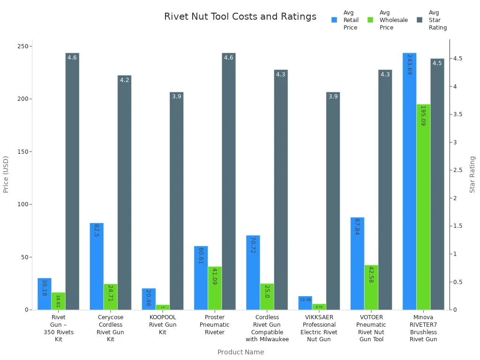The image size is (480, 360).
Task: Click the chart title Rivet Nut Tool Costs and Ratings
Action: tap(240, 17)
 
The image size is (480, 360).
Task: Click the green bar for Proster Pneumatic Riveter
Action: tap(215, 288)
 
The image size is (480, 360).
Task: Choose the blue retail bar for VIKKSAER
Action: tap(305, 303)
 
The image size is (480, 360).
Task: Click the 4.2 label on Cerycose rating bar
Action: tap(124, 80)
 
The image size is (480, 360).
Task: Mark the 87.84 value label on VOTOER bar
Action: tap(357, 227)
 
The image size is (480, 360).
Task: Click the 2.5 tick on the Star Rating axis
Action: tap(457, 170)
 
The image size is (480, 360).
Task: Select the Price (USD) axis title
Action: tap(6, 174)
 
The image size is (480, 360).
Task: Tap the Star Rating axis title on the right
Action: tap(472, 174)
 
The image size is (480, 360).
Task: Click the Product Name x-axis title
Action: tap(240, 352)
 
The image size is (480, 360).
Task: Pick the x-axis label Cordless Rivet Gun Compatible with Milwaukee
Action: tap(267, 328)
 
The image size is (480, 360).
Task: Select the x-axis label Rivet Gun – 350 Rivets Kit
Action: tap(59, 328)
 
